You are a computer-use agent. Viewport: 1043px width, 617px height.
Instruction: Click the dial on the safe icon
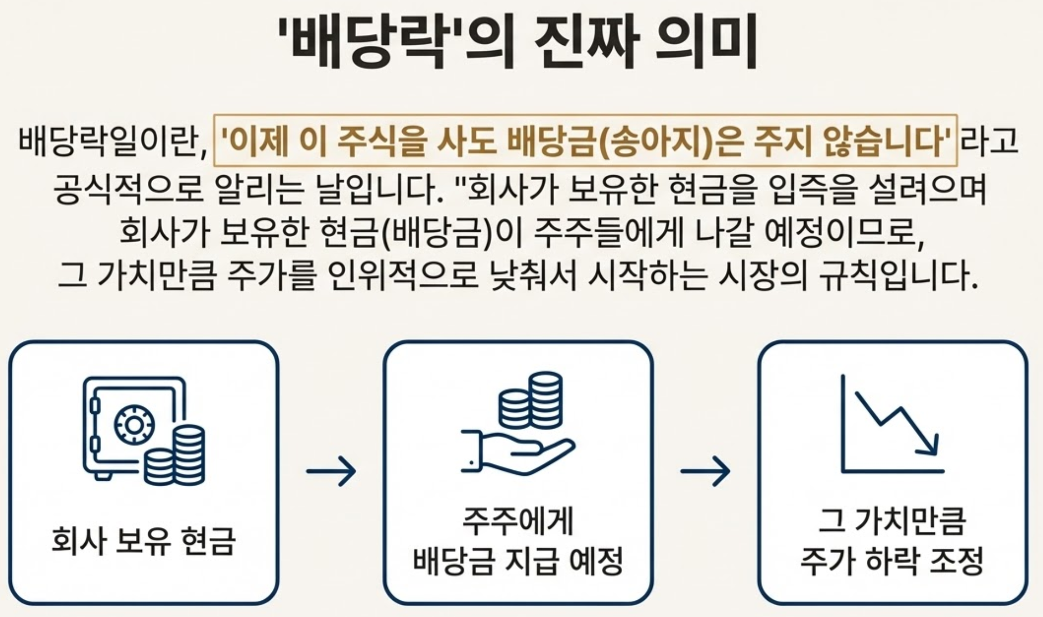click(x=134, y=425)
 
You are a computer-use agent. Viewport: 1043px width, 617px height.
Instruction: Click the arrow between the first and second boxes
click(x=331, y=471)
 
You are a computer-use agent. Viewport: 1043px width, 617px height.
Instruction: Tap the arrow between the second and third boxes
click(x=705, y=471)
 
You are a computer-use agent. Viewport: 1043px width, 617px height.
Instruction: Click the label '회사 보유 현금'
click(x=144, y=540)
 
